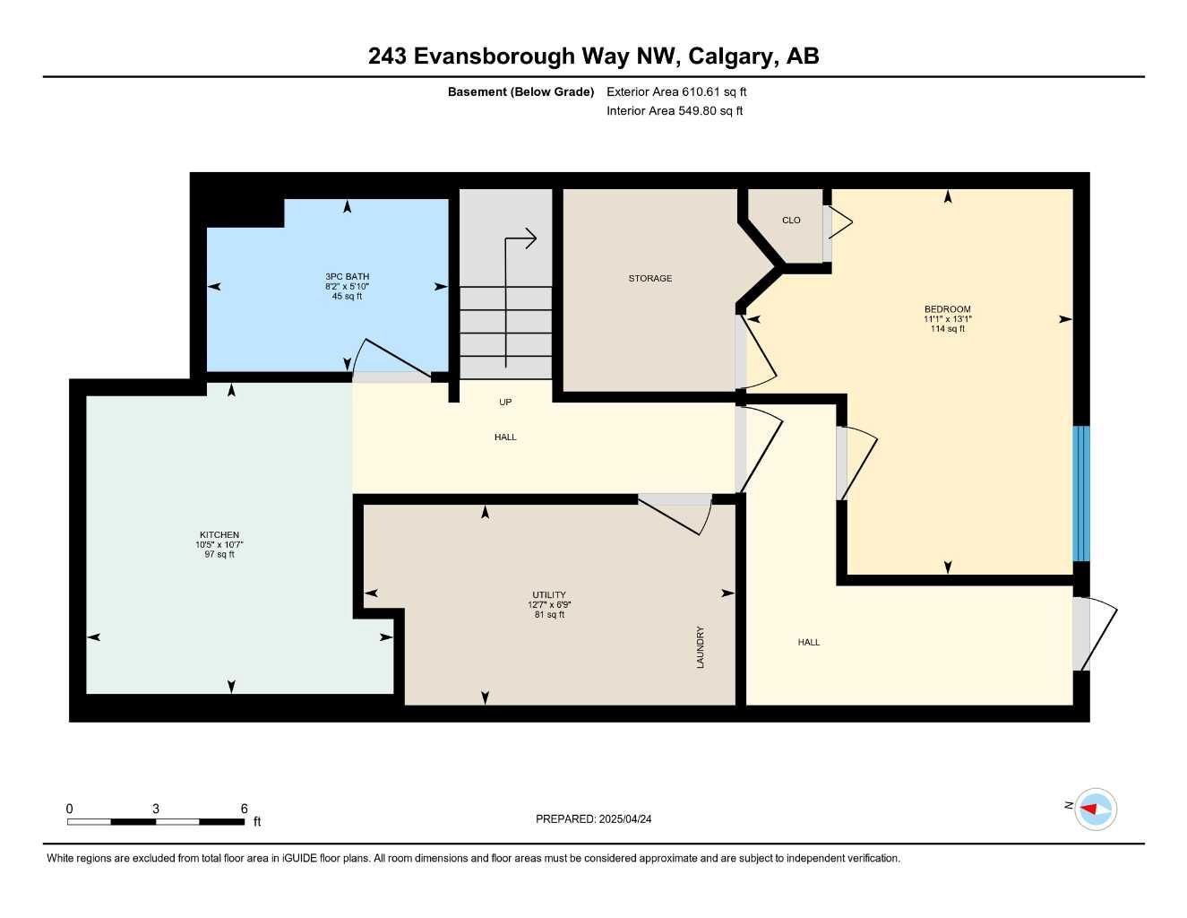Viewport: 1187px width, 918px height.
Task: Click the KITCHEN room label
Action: pos(219,535)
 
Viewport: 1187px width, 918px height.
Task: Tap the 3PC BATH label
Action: pos(347,277)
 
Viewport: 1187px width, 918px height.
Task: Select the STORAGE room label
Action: pos(649,279)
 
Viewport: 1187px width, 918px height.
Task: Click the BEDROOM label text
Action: pos(947,309)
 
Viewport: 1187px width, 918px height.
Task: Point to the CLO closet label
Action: pos(791,221)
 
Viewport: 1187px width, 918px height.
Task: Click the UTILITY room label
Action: pos(549,595)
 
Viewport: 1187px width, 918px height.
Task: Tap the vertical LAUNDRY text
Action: pos(701,646)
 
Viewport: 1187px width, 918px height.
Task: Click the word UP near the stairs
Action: pos(505,403)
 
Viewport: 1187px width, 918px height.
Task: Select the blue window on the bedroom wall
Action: pos(1081,493)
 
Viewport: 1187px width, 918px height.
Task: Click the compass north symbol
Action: pos(1095,810)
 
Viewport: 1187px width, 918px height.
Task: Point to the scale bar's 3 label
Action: pos(156,809)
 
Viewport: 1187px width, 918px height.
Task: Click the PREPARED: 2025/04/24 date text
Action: pos(593,819)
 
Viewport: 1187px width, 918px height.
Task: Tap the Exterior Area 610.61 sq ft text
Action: pos(676,91)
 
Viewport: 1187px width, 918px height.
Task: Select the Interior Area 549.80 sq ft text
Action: pos(675,111)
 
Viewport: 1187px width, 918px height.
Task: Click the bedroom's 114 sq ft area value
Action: pos(947,329)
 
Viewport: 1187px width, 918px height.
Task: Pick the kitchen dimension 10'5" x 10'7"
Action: pos(219,545)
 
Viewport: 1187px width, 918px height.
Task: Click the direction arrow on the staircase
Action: pos(520,239)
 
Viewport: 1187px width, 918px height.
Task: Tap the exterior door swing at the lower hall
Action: pos(1097,637)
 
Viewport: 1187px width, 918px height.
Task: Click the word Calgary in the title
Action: pos(732,56)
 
